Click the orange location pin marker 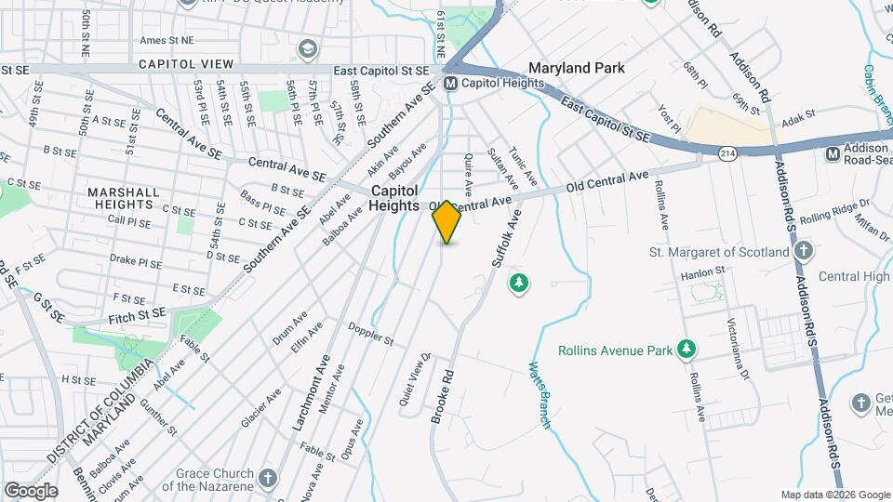[446, 221]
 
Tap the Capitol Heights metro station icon [451, 84]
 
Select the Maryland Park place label [576, 68]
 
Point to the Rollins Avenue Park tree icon [686, 350]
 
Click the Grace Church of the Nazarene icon [268, 478]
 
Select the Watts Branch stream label [539, 395]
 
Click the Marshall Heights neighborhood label [120, 198]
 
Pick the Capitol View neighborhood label [186, 63]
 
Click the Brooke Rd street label [442, 398]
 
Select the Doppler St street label [371, 334]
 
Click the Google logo [31, 490]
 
